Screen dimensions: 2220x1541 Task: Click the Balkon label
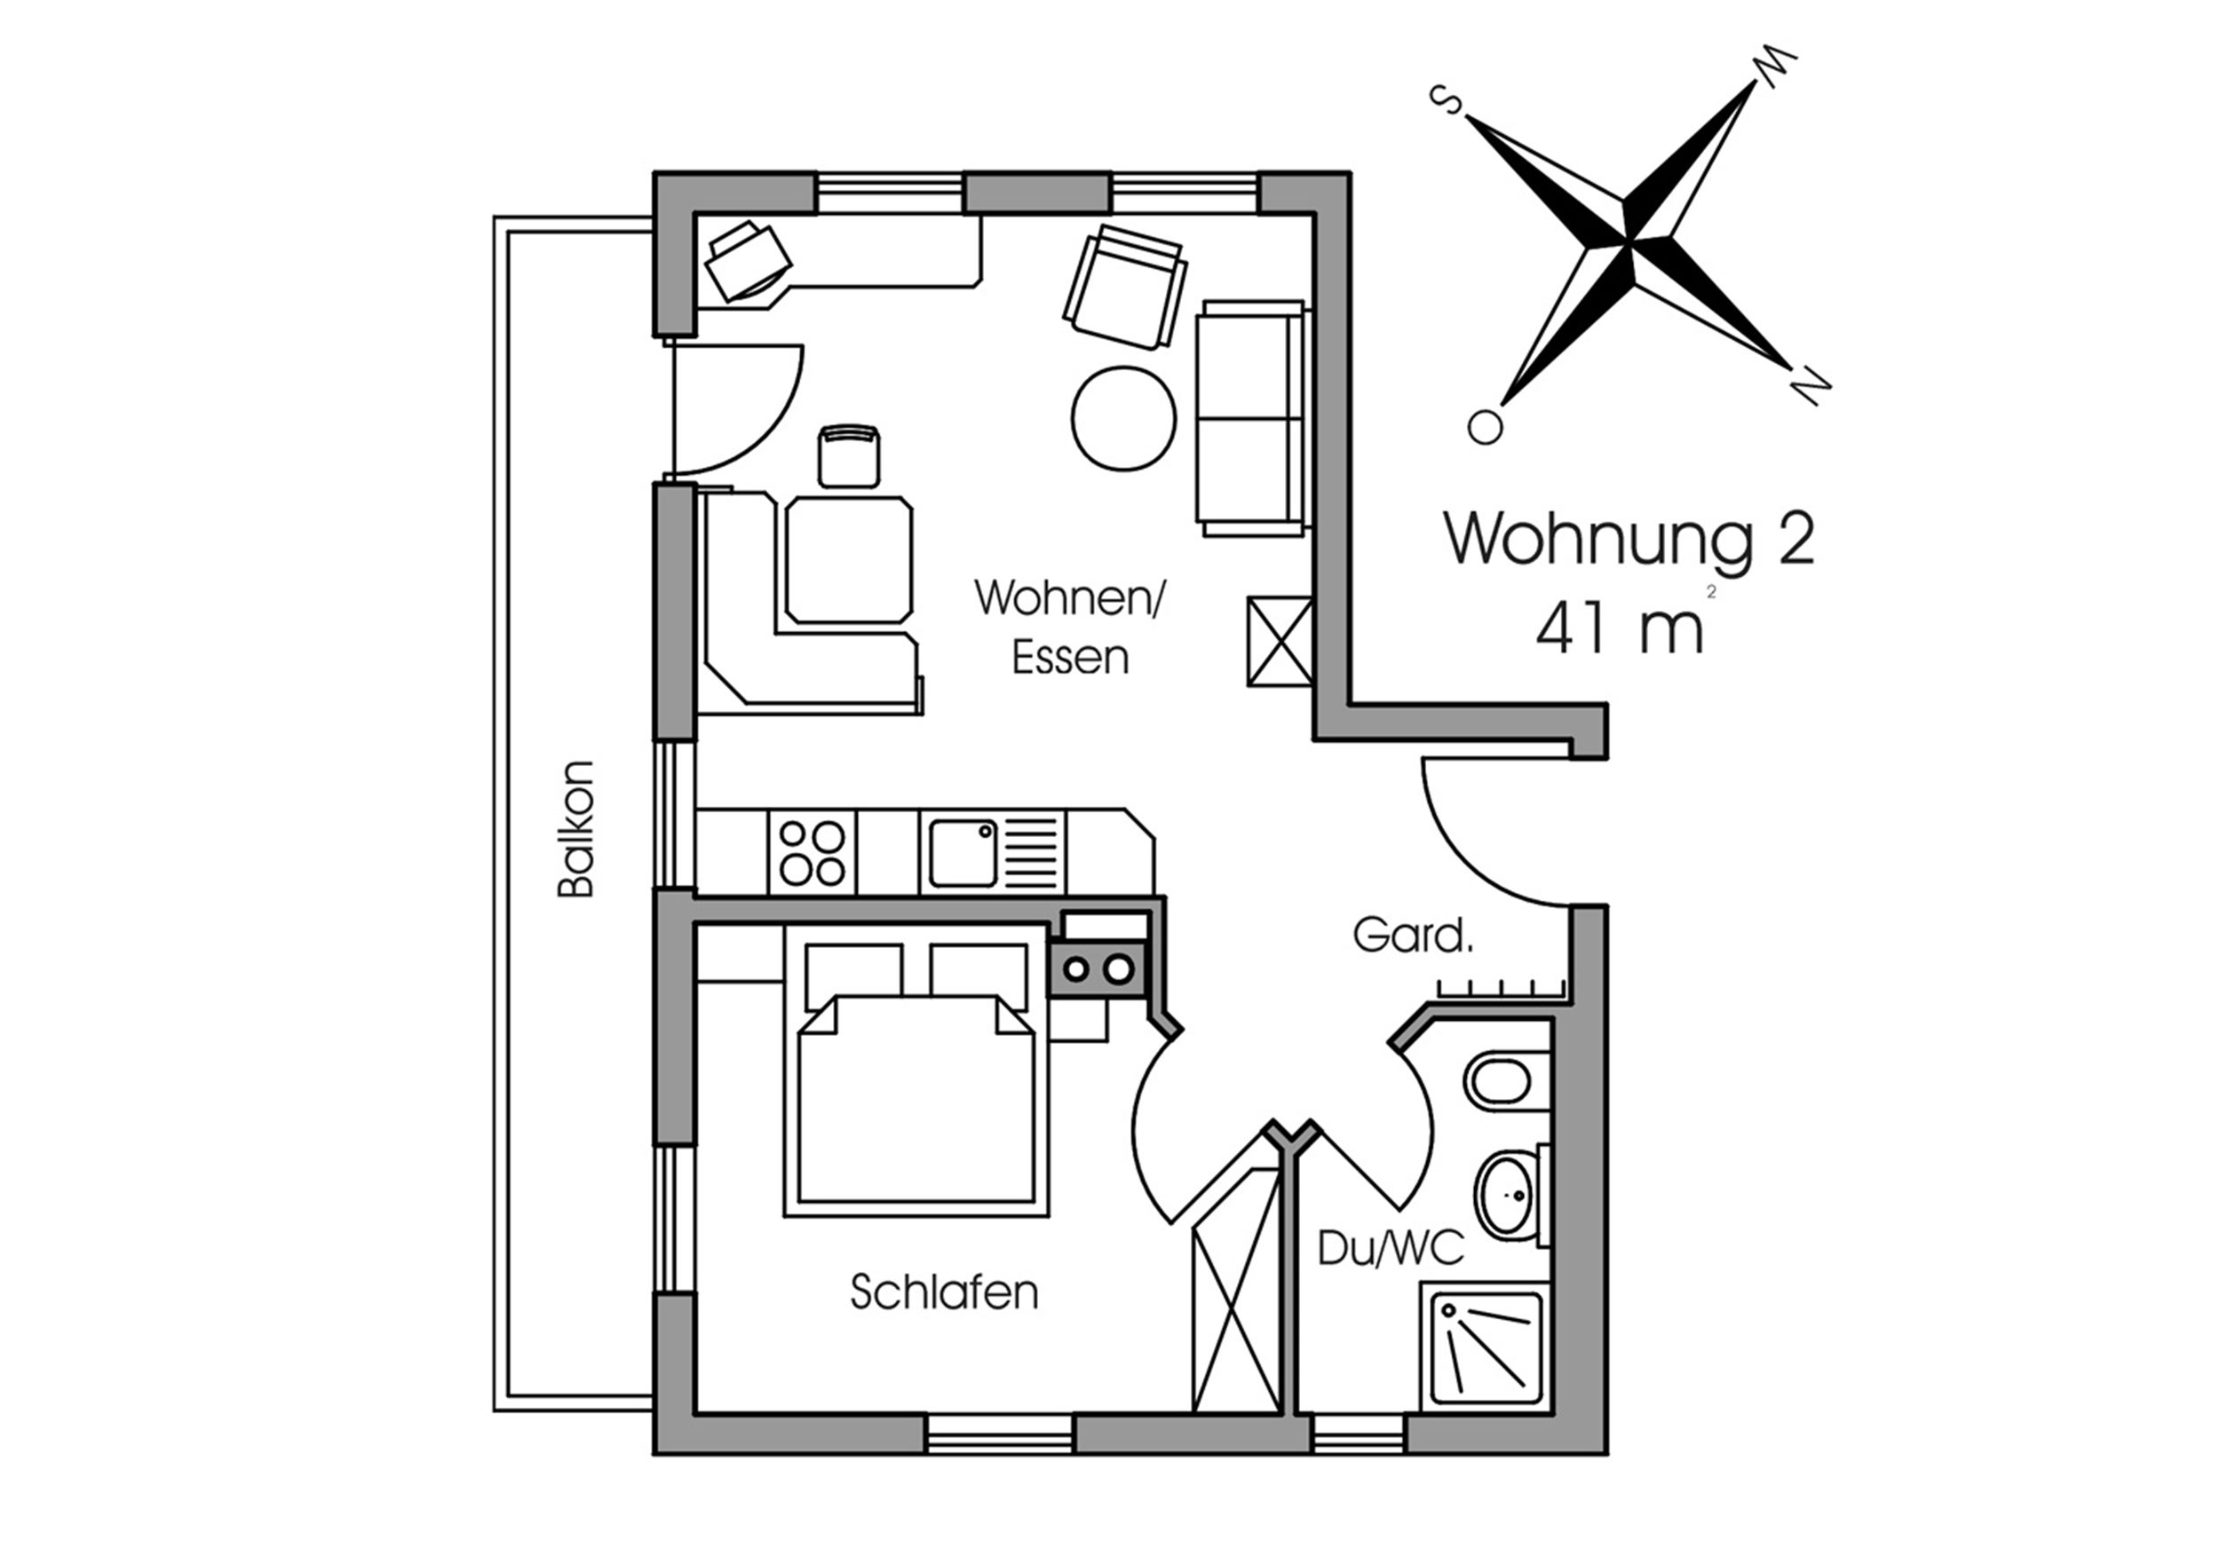coord(575,829)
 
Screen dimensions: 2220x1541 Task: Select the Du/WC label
coord(1391,1248)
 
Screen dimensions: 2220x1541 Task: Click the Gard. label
coord(1413,935)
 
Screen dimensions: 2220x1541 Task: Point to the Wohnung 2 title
coord(1629,539)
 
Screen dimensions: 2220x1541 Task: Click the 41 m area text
coord(1620,627)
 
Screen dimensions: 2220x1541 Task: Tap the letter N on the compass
coord(1811,386)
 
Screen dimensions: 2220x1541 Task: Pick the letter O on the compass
coord(1485,427)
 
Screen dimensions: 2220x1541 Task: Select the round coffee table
coord(1123,418)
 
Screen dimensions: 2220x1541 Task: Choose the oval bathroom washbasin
coord(1509,1196)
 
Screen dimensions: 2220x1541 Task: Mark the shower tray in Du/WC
coord(1485,1347)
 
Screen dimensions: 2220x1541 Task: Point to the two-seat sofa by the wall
coord(1251,418)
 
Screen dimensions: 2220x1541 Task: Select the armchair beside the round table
coord(1126,287)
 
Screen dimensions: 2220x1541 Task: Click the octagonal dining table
coord(849,560)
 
